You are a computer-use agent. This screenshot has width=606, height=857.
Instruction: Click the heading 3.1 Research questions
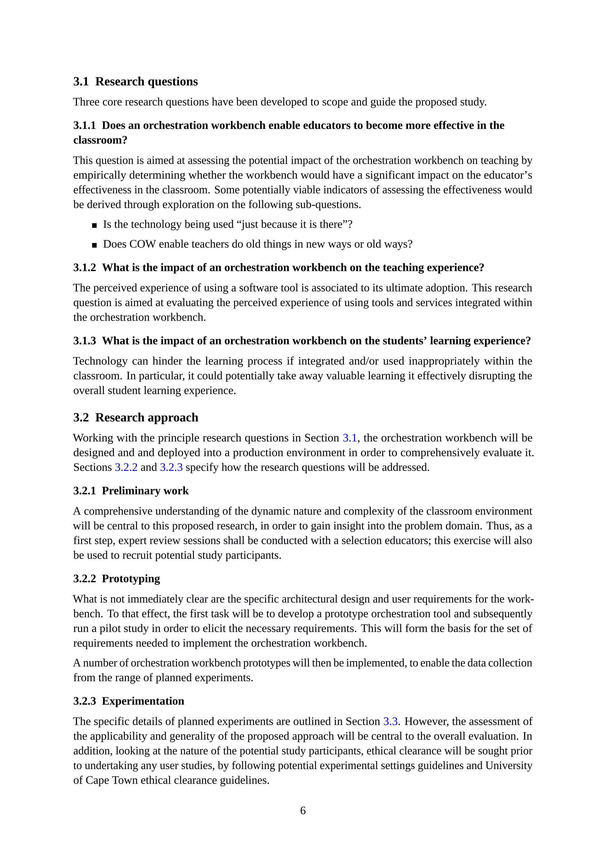[136, 81]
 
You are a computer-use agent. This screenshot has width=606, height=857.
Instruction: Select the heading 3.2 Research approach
[136, 417]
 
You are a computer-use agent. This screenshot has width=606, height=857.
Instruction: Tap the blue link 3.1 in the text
[350, 438]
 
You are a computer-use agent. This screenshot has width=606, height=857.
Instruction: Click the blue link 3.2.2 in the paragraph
[126, 467]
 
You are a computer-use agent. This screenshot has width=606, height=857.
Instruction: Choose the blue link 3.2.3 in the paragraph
[171, 467]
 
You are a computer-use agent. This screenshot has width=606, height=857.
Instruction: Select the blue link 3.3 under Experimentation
[390, 721]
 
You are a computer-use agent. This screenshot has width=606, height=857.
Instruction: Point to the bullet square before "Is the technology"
[94, 225]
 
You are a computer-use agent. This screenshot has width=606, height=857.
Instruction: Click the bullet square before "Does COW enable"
[94, 245]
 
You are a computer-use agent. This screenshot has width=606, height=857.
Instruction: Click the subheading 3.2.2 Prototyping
[116, 579]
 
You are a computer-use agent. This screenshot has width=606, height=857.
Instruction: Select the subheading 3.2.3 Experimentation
[129, 701]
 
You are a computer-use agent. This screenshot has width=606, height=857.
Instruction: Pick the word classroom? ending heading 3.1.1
[100, 140]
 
